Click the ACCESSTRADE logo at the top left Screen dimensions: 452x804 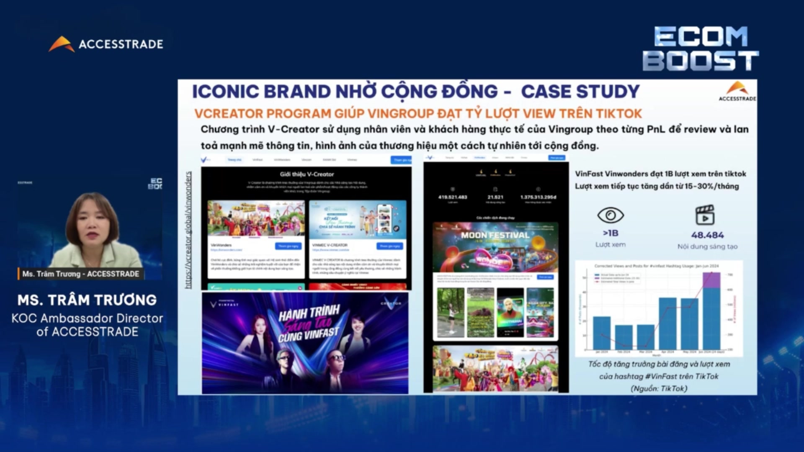[x=106, y=44]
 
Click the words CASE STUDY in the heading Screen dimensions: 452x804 [x=580, y=92]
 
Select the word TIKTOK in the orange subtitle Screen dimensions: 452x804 [x=618, y=113]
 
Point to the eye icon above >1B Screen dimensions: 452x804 [x=610, y=215]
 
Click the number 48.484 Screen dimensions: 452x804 [x=707, y=235]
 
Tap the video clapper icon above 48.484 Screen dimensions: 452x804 [x=705, y=215]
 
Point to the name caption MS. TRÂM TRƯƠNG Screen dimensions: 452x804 [x=87, y=300]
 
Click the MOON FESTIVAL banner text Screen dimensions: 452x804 [x=495, y=235]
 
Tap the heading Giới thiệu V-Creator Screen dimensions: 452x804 [x=307, y=174]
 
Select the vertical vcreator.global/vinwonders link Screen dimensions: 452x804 [x=188, y=230]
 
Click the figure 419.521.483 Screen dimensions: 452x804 [x=452, y=197]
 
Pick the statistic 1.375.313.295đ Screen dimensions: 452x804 [x=538, y=197]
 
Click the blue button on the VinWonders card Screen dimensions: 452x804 [x=288, y=246]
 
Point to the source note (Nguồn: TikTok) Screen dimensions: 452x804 [x=659, y=388]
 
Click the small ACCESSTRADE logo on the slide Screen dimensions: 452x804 [x=737, y=91]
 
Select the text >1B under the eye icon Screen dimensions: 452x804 [x=610, y=233]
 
